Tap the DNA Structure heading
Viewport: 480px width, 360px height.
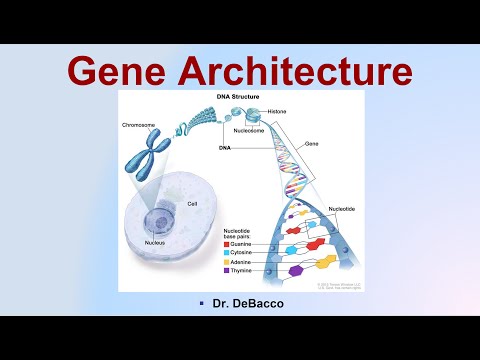coord(240,97)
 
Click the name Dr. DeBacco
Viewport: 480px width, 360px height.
coord(241,302)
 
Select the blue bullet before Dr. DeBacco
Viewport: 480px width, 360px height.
coord(201,302)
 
